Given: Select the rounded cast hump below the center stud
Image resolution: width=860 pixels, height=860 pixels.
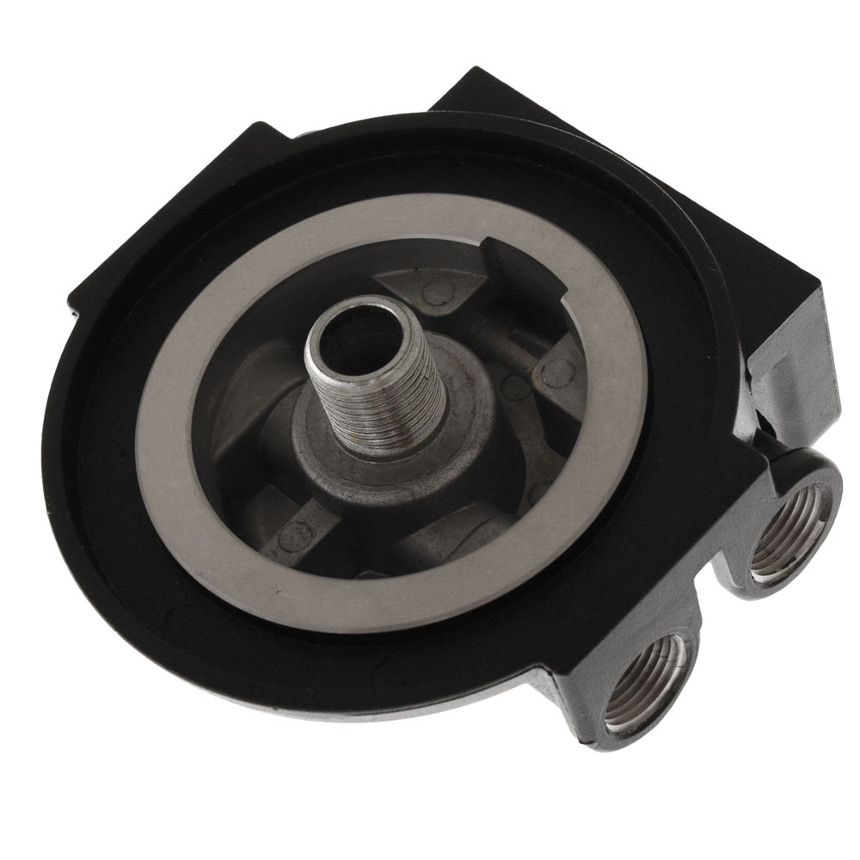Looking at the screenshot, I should [447, 542].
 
